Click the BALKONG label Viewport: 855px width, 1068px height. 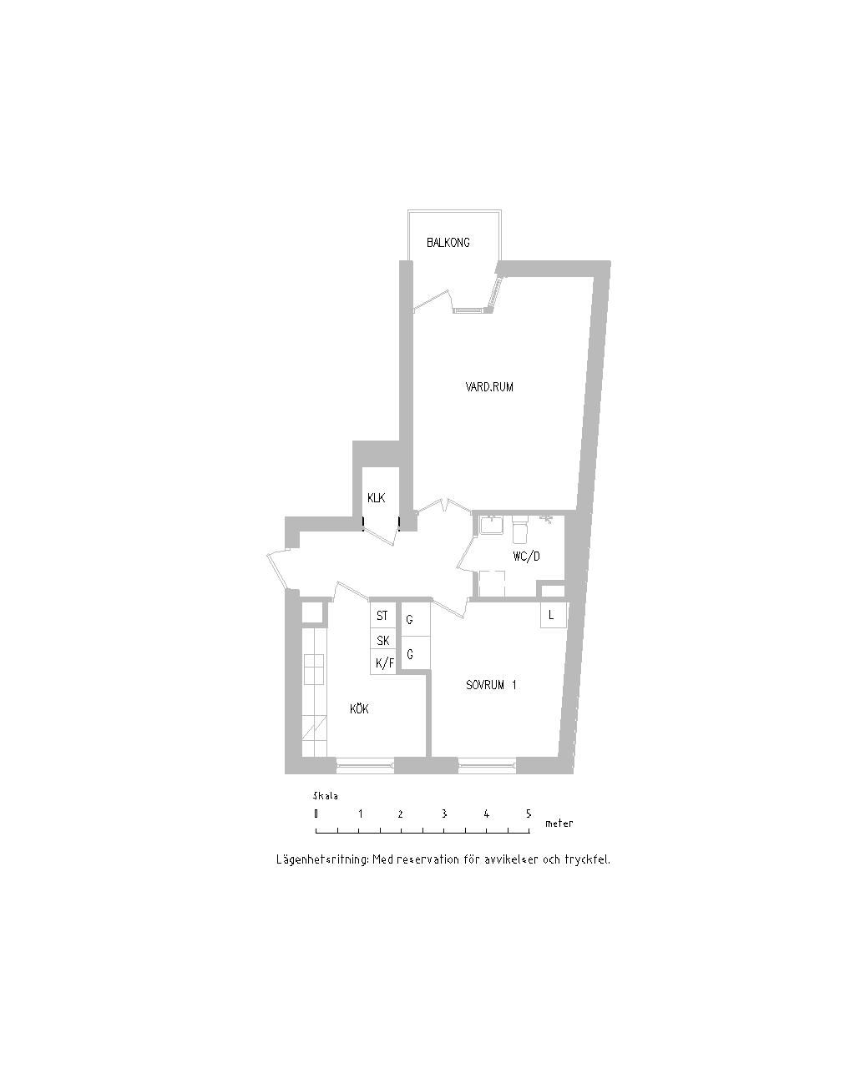[448, 243]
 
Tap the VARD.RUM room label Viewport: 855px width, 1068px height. [489, 386]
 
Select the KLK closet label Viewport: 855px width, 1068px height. [376, 498]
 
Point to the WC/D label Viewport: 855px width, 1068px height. [526, 557]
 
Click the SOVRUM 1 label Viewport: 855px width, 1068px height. [491, 685]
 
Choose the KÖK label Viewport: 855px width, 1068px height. [359, 708]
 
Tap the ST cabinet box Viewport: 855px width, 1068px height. [383, 616]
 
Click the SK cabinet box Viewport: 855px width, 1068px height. [383, 640]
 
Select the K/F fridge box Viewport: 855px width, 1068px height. [383, 662]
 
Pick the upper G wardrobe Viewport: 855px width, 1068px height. [416, 619]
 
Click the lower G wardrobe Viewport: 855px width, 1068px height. [416, 652]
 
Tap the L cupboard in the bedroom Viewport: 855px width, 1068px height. [554, 616]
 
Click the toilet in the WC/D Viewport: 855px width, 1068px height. [520, 530]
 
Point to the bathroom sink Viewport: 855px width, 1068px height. [492, 525]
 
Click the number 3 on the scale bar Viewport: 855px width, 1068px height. [444, 814]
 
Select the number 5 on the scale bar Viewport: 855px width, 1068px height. [529, 814]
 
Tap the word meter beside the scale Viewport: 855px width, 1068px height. [559, 824]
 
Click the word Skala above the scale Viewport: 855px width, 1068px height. [326, 796]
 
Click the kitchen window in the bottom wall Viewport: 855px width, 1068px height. [365, 766]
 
